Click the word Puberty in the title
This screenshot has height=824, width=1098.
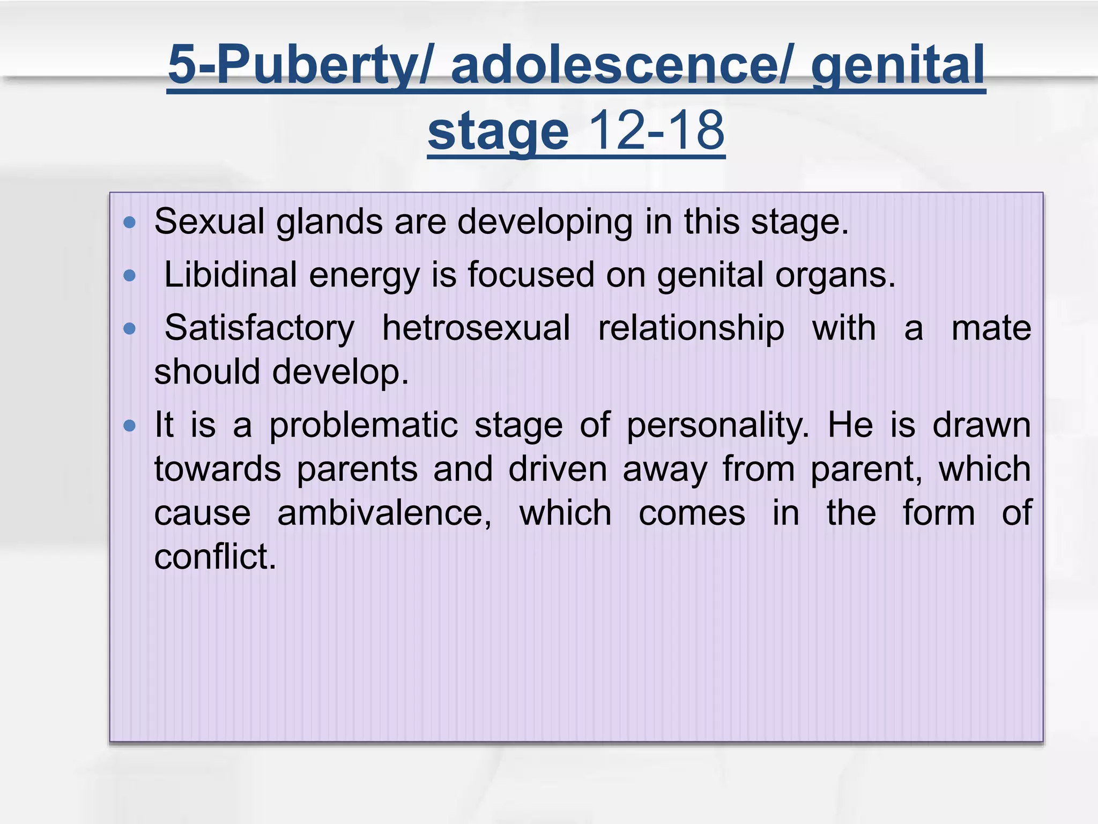click(316, 65)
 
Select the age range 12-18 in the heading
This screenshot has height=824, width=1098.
click(656, 131)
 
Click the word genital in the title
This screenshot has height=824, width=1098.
click(897, 65)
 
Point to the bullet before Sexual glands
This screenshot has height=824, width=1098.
click(129, 222)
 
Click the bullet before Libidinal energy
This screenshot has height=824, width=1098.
click(129, 276)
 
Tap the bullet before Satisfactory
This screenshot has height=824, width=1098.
click(129, 328)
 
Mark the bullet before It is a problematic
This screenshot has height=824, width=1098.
click(129, 426)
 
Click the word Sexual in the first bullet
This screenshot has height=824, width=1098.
click(210, 222)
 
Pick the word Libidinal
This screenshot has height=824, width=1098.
click(230, 275)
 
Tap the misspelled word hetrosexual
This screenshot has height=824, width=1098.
click(476, 328)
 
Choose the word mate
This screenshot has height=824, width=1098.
click(991, 328)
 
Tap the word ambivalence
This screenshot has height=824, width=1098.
click(384, 513)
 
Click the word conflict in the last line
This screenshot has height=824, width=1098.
click(215, 557)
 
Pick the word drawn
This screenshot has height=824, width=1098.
click(982, 426)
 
